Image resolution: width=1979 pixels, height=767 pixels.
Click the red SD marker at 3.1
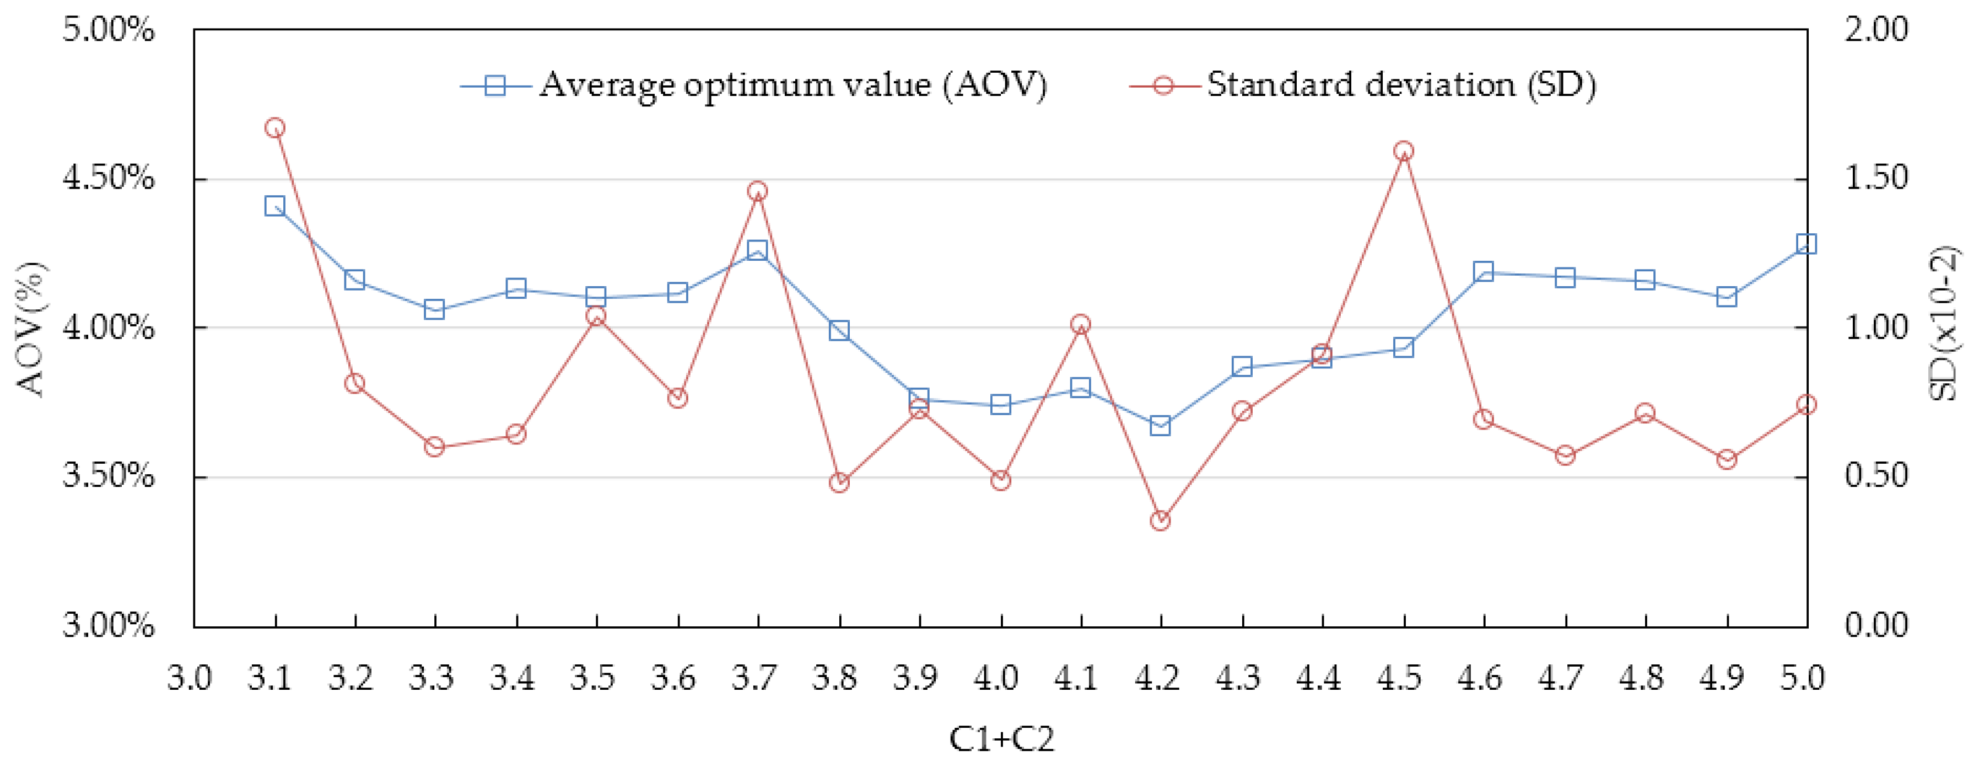(275, 127)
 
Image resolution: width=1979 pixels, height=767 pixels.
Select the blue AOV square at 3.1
(275, 206)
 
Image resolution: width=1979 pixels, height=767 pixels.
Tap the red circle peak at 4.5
(1404, 151)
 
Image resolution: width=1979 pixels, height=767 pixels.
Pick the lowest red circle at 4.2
(1160, 521)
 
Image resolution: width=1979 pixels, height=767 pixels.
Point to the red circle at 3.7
(758, 191)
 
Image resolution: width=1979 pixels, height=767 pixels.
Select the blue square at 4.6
(1484, 271)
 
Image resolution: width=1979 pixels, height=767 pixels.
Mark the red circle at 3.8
(839, 482)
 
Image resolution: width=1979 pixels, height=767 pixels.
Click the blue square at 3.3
(434, 310)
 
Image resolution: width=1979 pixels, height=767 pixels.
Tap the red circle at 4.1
(1080, 324)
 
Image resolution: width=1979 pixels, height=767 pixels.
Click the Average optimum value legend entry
(791, 84)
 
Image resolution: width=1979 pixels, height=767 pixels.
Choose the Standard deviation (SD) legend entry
(1400, 84)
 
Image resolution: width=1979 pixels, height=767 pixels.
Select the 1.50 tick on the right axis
(1876, 178)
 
